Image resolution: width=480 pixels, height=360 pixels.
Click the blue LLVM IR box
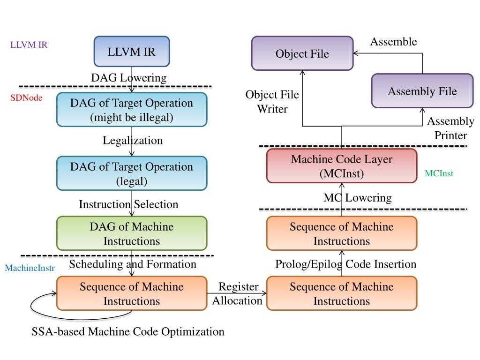pos(132,52)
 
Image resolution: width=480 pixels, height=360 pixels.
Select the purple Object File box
pos(302,53)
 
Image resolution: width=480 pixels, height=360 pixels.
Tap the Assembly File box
pos(422,90)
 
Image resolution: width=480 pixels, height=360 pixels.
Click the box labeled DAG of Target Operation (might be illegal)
pos(132,110)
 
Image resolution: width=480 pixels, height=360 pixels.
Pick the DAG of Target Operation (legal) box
pos(132,173)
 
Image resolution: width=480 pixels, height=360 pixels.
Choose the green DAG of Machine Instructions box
pos(132,233)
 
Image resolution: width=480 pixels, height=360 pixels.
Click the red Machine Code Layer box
pos(342,166)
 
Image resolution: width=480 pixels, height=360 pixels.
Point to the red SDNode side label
pos(26,97)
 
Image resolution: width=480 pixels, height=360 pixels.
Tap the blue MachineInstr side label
pos(30,268)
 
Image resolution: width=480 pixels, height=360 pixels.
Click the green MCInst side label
pos(439,173)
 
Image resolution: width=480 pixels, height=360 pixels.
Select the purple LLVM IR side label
pos(29,45)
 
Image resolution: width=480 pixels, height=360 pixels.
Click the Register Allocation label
pos(238,293)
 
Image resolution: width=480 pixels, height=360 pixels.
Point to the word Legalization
pos(133,140)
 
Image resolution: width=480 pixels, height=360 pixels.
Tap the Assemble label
pos(393,41)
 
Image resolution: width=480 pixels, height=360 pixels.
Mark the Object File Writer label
pos(272,102)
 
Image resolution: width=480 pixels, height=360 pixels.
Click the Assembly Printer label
pos(450,128)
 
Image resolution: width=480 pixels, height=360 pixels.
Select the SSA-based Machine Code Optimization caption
pos(128,331)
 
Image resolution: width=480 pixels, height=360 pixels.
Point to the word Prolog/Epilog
pos(308,264)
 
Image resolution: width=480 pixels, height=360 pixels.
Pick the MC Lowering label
pos(358,198)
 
